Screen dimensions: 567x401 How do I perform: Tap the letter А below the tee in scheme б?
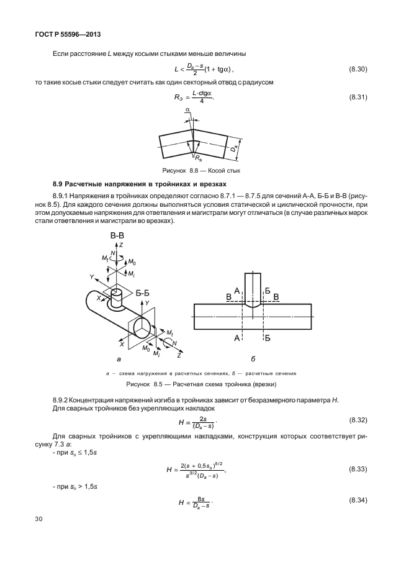tap(237, 338)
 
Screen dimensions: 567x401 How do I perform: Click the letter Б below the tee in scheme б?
tap(268, 338)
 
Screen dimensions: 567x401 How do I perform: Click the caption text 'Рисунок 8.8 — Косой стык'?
tap(200, 170)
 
